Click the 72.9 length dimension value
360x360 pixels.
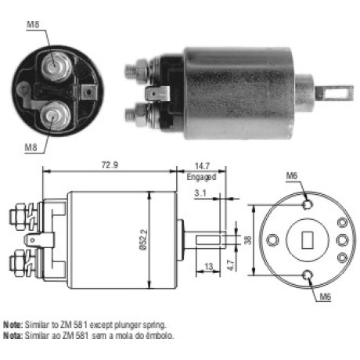pos(110,165)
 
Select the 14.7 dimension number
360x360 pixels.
pos(202,166)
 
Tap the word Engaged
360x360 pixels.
pos(201,177)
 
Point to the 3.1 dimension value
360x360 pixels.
pos(200,193)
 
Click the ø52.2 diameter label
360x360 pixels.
pos(144,240)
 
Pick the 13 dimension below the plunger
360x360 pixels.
pos(208,267)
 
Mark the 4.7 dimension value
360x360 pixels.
pos(231,265)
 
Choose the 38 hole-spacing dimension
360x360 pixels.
pos(247,240)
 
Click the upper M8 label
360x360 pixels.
pos(33,24)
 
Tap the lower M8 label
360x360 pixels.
pos(31,148)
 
